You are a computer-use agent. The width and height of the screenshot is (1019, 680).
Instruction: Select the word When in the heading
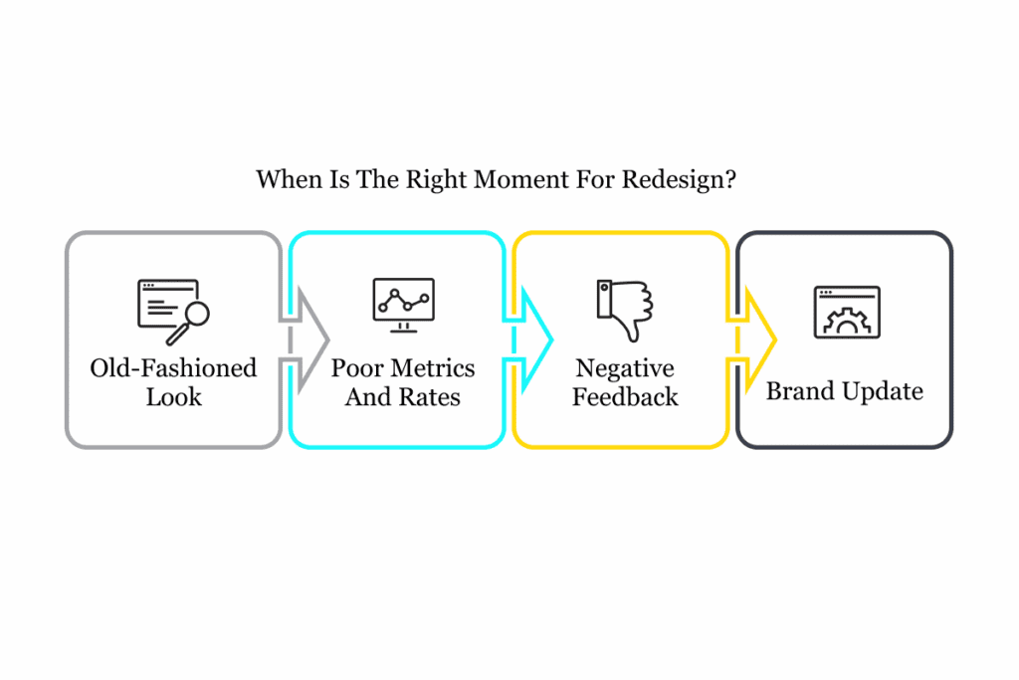[283, 180]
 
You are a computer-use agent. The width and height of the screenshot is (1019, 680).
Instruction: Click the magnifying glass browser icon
[173, 312]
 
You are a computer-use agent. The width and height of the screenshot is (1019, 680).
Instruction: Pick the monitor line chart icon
[403, 302]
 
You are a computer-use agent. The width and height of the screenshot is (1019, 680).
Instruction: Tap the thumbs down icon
[625, 310]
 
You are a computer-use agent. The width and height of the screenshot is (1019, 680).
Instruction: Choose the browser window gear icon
[847, 312]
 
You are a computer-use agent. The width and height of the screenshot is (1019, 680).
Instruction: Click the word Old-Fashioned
[173, 368]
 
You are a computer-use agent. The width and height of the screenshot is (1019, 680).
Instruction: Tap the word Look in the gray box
[174, 397]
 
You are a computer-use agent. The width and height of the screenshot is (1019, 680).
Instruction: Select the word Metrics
[432, 368]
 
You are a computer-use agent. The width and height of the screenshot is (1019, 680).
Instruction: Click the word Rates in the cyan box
[431, 397]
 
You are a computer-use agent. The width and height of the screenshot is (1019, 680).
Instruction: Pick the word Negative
[625, 368]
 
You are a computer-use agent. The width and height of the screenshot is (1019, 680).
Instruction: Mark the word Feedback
[625, 397]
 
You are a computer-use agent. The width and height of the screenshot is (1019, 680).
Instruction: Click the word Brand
[799, 391]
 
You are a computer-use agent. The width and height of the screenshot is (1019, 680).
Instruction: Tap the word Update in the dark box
[882, 391]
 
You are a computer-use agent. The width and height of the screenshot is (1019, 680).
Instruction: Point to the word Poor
[356, 368]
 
